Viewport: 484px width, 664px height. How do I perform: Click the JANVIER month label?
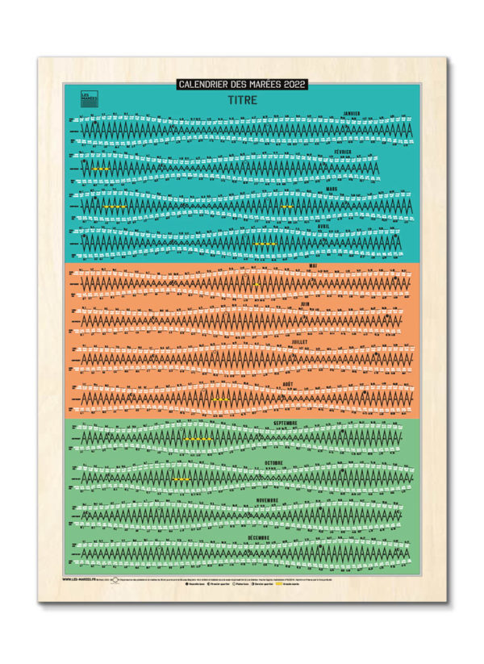coord(352,114)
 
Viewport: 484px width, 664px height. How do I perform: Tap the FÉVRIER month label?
coord(344,152)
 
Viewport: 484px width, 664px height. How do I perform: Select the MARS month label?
coord(332,189)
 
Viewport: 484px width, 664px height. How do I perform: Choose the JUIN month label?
coord(304,303)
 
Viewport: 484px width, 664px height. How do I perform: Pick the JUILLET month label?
coord(300,342)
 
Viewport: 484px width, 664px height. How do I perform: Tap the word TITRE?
coord(243,100)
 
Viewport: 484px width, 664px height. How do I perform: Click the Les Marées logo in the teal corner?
coord(89,98)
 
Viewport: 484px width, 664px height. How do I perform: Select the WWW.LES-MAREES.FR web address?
coord(80,578)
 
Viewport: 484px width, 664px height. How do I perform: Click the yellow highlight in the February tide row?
coord(101,169)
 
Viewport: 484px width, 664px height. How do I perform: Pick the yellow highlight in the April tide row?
coord(265,243)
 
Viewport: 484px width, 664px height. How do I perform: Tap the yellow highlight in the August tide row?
coord(220,399)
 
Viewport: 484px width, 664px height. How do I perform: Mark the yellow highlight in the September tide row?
coord(198,439)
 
